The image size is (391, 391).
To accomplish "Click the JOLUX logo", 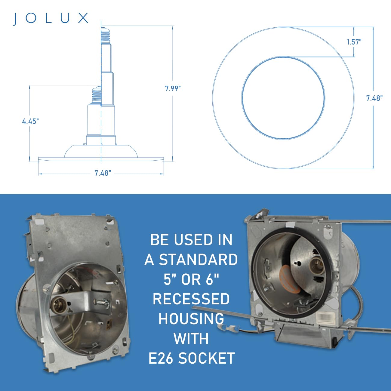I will [x=51, y=18].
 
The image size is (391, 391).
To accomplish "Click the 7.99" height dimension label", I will [x=173, y=88].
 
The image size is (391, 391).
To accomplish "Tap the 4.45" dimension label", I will [x=30, y=121].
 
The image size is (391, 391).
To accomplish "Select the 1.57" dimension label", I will [x=354, y=42].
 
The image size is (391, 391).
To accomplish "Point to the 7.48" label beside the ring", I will [x=374, y=98].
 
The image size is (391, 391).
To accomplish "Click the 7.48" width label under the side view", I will [x=103, y=173].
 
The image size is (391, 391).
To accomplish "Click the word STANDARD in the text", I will [x=198, y=260].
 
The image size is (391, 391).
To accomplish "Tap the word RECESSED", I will [x=191, y=299].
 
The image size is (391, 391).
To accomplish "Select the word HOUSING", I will [x=191, y=319].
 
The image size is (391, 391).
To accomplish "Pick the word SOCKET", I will [x=206, y=358].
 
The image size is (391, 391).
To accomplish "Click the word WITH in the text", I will [x=191, y=339].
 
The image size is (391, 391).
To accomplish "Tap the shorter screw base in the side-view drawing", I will [x=97, y=95].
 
